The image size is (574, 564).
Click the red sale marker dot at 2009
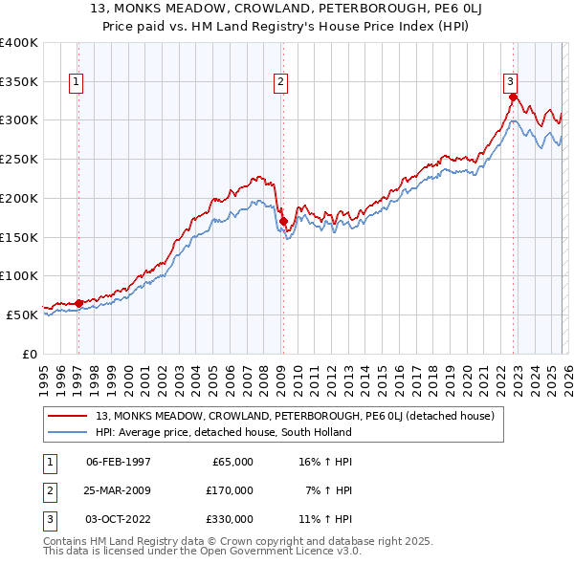(283, 222)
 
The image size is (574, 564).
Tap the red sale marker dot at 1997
(78, 303)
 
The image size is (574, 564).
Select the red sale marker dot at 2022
(513, 97)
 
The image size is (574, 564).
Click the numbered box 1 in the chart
(76, 83)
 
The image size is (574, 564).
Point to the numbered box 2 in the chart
(280, 83)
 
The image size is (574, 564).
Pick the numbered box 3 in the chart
(511, 83)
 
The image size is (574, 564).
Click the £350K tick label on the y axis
(18, 82)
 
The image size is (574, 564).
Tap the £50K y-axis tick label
(21, 315)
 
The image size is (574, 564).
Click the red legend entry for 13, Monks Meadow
(295, 416)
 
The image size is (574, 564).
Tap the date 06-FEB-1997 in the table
(119, 462)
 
